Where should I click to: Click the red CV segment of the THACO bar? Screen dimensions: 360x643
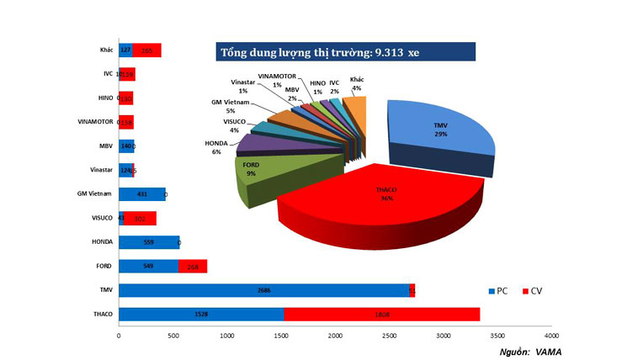coord(381,315)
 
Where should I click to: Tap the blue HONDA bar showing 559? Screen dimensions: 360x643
coord(149,242)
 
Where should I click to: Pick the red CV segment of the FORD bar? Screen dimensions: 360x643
coord(193,267)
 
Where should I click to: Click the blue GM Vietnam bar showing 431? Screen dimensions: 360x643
coord(141,194)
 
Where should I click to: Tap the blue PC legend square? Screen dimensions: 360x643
coord(492,290)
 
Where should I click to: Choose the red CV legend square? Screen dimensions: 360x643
coord(527,290)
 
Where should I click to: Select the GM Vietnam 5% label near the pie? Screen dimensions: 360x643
coord(229,106)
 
